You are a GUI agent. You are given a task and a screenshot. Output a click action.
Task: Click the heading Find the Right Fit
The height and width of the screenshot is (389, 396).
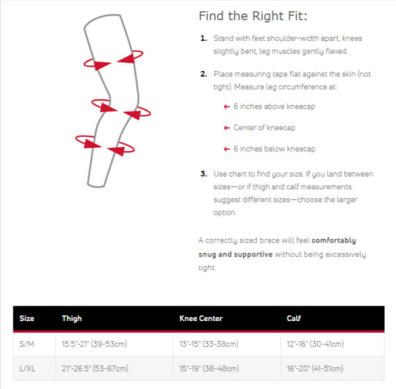253,16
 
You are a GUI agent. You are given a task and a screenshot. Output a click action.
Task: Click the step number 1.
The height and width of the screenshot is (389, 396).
204,38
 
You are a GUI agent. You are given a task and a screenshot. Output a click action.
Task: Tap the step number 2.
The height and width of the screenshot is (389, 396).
204,74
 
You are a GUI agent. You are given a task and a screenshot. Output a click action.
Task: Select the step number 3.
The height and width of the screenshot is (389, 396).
204,174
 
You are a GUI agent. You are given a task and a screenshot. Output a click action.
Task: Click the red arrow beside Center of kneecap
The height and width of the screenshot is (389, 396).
226,128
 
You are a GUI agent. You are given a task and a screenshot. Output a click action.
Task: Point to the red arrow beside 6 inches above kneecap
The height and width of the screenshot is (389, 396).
226,106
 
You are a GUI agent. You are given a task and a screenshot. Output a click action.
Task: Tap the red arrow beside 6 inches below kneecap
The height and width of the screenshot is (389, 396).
226,149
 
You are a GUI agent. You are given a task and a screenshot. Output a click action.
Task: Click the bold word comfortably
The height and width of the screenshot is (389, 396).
333,240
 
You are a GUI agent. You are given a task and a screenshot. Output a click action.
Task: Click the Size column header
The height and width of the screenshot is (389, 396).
27,318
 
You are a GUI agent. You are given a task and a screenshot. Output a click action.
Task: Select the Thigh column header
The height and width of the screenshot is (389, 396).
72,319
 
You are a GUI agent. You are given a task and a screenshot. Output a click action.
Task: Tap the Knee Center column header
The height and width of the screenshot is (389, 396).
201,318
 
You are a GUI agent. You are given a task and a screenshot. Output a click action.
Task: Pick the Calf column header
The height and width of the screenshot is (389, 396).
294,318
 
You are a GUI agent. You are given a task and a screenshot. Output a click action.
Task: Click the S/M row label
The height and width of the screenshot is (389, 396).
26,344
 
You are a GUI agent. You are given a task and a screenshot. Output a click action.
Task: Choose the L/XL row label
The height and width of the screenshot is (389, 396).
27,369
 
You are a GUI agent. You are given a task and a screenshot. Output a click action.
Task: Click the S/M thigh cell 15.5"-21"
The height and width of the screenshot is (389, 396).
94,344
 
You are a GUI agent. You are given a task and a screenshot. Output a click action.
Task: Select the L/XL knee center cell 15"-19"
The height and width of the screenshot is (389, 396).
209,369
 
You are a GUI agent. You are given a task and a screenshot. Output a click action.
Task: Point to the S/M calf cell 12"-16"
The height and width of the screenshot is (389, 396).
315,344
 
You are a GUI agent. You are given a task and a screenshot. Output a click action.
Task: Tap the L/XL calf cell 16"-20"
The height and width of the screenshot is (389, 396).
315,369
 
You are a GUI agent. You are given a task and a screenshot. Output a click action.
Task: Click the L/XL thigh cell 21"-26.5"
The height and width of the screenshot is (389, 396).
95,369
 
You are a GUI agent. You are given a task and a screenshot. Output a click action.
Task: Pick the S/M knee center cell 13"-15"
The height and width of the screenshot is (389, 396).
209,344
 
